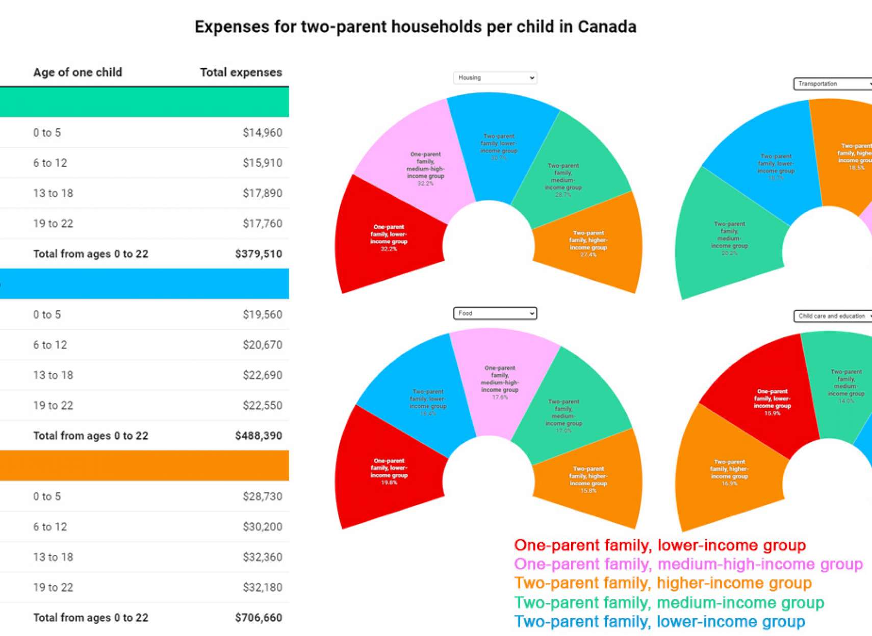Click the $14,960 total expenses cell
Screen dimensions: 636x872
pos(262,133)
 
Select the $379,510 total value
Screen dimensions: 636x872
pos(258,254)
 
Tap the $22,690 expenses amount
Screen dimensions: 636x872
pos(262,376)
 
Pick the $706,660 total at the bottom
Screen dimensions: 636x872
pos(258,618)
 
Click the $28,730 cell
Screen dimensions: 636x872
pos(262,497)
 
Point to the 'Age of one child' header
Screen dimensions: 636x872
pos(78,72)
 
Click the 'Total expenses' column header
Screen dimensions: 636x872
pos(241,72)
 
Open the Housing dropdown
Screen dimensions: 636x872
pos(495,78)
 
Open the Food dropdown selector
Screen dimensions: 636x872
pos(495,313)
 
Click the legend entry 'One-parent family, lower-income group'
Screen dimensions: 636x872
pos(660,545)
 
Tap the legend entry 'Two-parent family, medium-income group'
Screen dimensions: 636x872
pos(669,603)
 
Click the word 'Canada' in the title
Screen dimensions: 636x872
pos(607,27)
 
